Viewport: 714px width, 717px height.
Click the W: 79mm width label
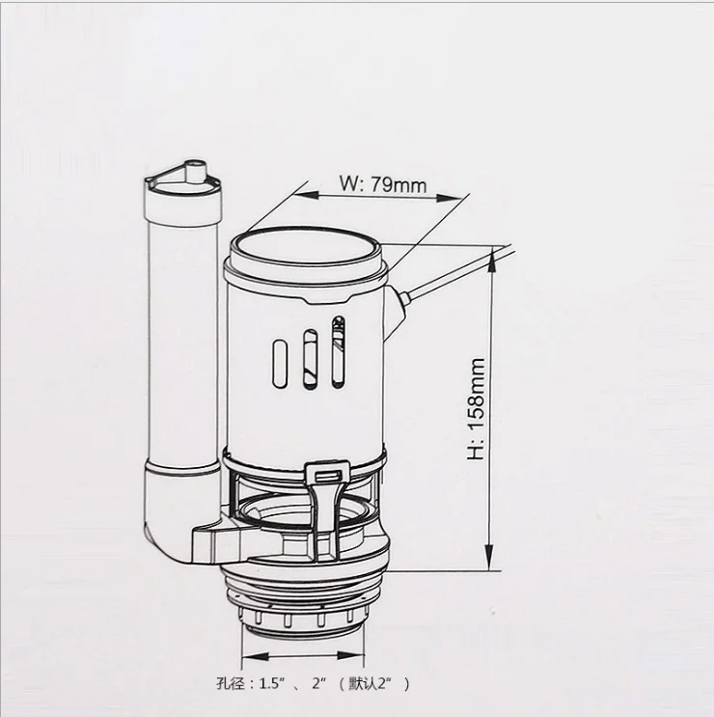pos(383,183)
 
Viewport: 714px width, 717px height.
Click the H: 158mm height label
pos(476,410)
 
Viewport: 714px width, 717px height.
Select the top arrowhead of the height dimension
pos(493,254)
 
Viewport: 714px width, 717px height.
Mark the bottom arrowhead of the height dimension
pos(493,565)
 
